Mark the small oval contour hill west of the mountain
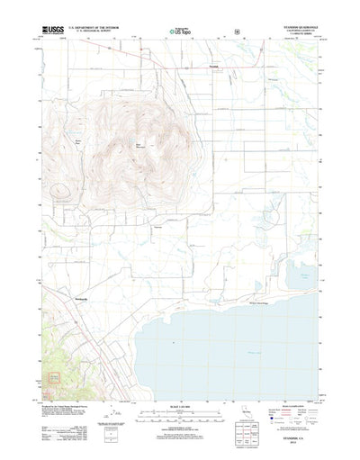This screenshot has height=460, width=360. (x=60, y=190)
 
